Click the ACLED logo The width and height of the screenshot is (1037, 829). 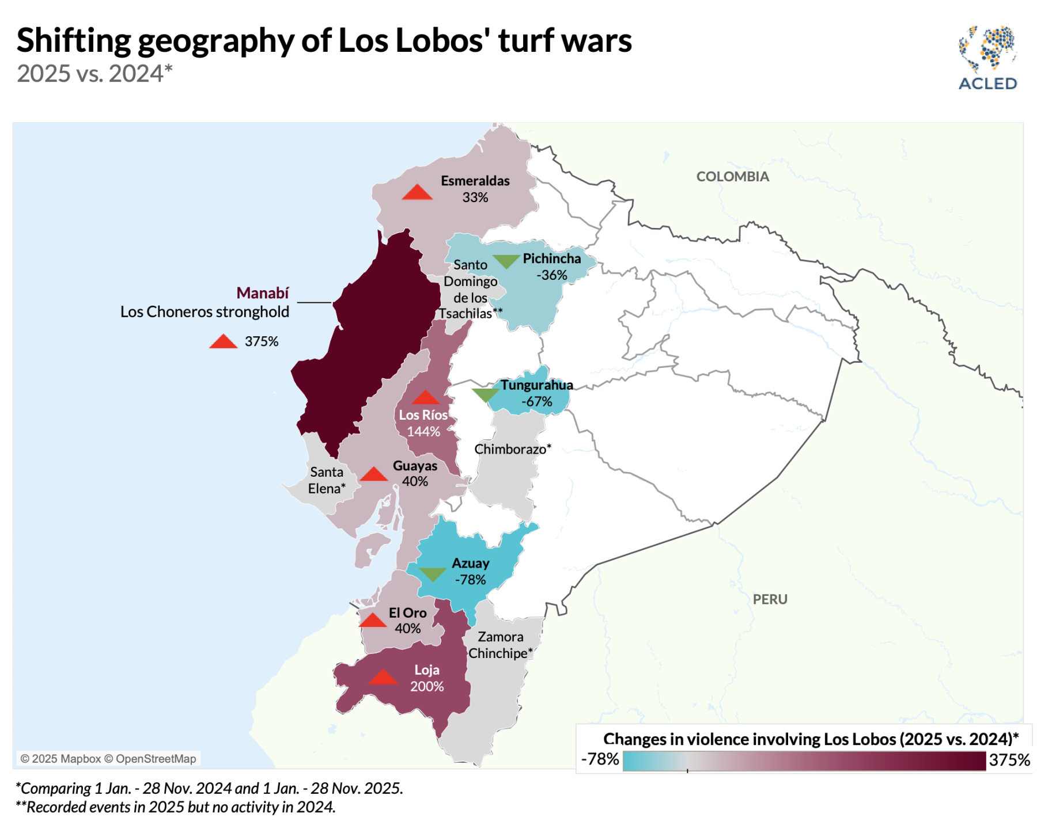987,58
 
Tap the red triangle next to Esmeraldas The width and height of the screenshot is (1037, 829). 417,193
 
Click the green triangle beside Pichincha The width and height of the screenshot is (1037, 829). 506,262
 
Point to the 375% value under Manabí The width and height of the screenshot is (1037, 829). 262,341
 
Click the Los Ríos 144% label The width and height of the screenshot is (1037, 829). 423,423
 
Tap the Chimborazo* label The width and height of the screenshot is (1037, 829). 512,449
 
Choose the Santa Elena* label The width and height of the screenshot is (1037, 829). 327,480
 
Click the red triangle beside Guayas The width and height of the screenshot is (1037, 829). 374,474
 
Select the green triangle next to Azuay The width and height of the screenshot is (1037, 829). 433,573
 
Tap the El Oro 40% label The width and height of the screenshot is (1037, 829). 408,621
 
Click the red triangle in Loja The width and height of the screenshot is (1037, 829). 383,677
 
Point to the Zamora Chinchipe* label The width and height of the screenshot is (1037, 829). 500,645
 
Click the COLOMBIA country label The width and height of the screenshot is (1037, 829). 732,177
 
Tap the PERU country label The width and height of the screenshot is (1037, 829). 770,599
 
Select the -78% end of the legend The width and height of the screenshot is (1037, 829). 600,759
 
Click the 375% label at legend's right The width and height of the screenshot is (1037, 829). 1009,760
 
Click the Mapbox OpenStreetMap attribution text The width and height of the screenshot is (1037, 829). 108,759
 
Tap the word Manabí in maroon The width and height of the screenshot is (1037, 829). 262,293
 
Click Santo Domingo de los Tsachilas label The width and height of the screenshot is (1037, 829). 471,289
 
